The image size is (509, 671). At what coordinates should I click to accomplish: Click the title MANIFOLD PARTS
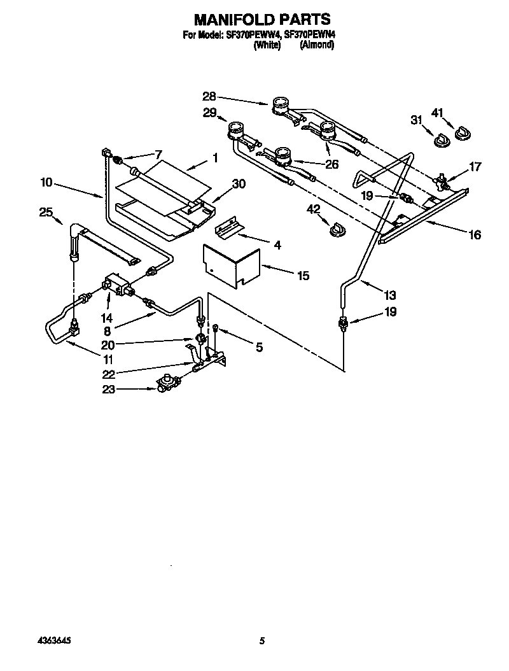click(x=261, y=20)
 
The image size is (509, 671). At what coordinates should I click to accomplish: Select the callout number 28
click(x=209, y=97)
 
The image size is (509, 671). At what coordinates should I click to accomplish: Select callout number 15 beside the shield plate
click(x=303, y=276)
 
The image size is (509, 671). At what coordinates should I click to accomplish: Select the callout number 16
click(x=475, y=235)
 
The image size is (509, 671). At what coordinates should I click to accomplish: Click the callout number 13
click(x=389, y=295)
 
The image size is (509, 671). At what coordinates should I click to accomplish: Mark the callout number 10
click(x=46, y=182)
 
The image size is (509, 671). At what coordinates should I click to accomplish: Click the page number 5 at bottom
click(x=261, y=642)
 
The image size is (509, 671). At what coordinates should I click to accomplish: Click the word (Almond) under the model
click(x=316, y=46)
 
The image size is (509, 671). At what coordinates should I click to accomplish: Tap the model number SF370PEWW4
click(x=253, y=36)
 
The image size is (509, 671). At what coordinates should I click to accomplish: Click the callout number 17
click(x=475, y=167)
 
